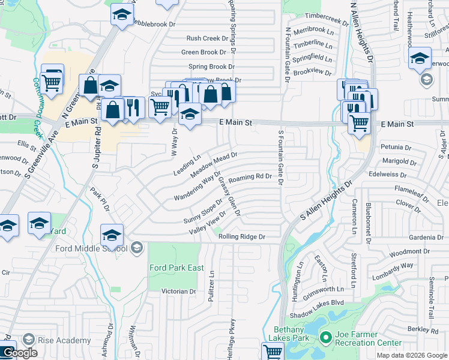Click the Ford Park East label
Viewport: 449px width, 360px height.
tap(176, 268)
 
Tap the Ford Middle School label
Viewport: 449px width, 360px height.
tap(91, 248)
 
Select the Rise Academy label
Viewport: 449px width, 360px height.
tap(64, 340)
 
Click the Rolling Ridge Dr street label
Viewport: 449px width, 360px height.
tap(241, 237)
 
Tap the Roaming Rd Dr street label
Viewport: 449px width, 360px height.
tap(250, 177)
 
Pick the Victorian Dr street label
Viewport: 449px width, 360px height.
tap(179, 291)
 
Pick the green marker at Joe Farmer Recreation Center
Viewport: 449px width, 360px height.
tap(325, 338)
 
